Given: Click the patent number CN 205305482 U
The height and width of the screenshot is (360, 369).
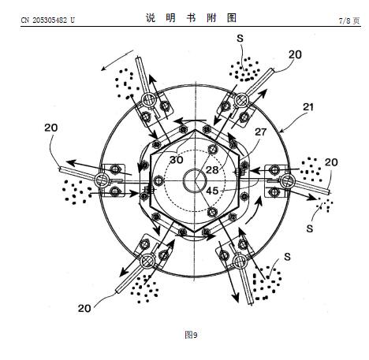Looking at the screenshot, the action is pyautogui.click(x=47, y=20).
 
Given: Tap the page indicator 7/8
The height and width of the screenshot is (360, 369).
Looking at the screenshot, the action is pyautogui.click(x=345, y=20).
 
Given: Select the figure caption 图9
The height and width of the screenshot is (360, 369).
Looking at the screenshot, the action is pyautogui.click(x=191, y=335).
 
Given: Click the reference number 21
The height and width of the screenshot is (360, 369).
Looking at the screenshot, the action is pyautogui.click(x=308, y=107).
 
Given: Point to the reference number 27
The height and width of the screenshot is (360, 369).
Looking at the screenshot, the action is pyautogui.click(x=260, y=132).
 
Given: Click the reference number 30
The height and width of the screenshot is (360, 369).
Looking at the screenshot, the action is pyautogui.click(x=176, y=160).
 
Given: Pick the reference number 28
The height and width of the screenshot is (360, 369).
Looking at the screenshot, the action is pyautogui.click(x=212, y=170).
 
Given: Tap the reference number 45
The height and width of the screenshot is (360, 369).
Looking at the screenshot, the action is pyautogui.click(x=212, y=191).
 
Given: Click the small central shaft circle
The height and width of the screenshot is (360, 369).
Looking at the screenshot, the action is pyautogui.click(x=195, y=181).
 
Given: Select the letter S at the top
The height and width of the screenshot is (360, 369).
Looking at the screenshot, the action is pyautogui.click(x=240, y=39).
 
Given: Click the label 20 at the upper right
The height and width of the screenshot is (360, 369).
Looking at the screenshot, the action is pyautogui.click(x=295, y=54).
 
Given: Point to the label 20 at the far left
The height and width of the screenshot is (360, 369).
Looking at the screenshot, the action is pyautogui.click(x=50, y=128).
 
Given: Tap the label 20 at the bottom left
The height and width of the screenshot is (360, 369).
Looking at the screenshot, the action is pyautogui.click(x=84, y=308).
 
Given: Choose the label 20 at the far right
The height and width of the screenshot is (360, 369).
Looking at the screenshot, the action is pyautogui.click(x=331, y=162).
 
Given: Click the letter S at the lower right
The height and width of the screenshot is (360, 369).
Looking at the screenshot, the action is pyautogui.click(x=287, y=257).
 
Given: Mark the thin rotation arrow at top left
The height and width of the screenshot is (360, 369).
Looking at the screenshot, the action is pyautogui.click(x=117, y=61).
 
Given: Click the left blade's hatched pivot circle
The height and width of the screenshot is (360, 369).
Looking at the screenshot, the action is pyautogui.click(x=101, y=180).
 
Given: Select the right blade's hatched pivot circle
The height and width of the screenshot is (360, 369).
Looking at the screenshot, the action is pyautogui.click(x=287, y=181).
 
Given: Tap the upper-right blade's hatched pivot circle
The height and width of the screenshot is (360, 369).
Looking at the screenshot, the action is pyautogui.click(x=241, y=100).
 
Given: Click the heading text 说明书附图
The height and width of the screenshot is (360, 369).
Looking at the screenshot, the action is pyautogui.click(x=192, y=18).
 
